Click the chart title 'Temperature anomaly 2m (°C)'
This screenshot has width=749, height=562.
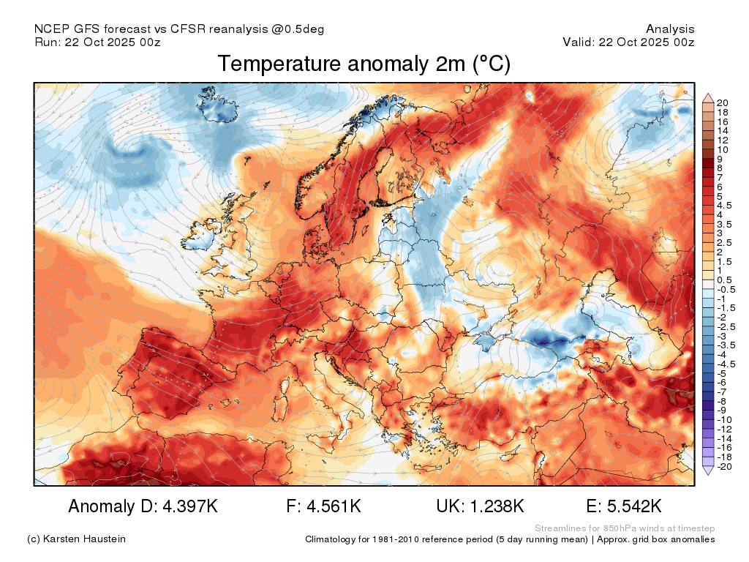pyautogui.click(x=364, y=64)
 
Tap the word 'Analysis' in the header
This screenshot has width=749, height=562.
pyautogui.click(x=670, y=29)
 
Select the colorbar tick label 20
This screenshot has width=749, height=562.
pyautogui.click(x=722, y=102)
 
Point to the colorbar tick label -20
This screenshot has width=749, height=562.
pyautogui.click(x=724, y=466)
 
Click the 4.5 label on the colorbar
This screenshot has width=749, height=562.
pyautogui.click(x=724, y=206)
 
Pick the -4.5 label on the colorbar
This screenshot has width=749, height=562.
pyautogui.click(x=726, y=364)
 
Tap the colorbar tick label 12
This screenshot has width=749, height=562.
pyautogui.click(x=722, y=140)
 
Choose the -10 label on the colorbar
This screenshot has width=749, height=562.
pyautogui.click(x=724, y=420)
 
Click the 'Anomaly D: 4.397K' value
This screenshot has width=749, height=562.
pyautogui.click(x=143, y=506)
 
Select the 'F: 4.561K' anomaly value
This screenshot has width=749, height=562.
pyautogui.click(x=323, y=506)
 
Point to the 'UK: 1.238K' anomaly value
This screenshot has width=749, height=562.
pyautogui.click(x=480, y=506)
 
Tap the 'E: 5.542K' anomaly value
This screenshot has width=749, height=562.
pyautogui.click(x=624, y=506)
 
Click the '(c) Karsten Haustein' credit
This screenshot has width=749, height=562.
pyautogui.click(x=76, y=539)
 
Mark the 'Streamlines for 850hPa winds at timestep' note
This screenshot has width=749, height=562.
pyautogui.click(x=625, y=528)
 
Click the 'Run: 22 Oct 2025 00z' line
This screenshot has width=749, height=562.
pyautogui.click(x=97, y=42)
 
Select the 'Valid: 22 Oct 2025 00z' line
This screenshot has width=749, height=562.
pyautogui.click(x=628, y=42)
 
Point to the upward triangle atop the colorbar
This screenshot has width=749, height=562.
pyautogui.click(x=708, y=99)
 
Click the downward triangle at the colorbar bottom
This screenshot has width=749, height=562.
pyautogui.click(x=708, y=471)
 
